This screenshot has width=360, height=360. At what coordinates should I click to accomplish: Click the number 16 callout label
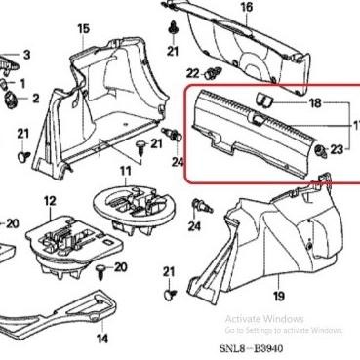tap(247, 8)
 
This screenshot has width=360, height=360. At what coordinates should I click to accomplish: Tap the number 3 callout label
tap(26, 55)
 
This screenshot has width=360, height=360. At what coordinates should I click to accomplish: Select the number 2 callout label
tap(35, 99)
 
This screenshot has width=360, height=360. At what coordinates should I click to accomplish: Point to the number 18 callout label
tap(314, 102)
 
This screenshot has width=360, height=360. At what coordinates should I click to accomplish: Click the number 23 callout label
tap(338, 149)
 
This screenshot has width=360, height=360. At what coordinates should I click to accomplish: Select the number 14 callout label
tap(101, 340)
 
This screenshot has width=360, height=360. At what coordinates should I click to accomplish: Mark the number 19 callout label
tap(278, 295)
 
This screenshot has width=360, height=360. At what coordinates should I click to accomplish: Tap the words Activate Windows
tap(263, 319)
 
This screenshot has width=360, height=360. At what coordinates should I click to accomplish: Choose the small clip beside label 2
tap(11, 98)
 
